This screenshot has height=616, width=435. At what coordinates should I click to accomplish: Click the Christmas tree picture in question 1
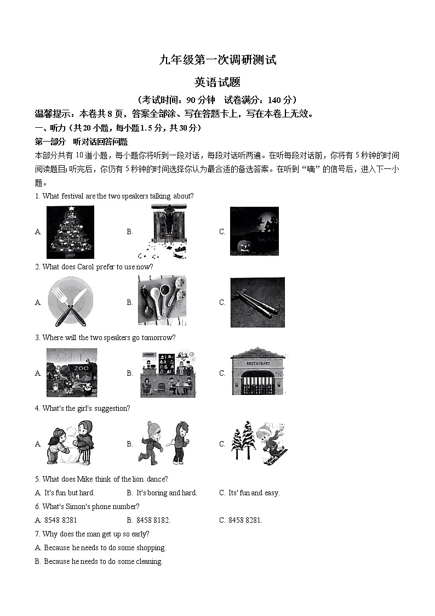click(70, 232)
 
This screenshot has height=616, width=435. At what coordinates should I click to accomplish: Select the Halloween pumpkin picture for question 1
click(254, 231)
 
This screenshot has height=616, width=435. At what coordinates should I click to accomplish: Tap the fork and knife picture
click(71, 302)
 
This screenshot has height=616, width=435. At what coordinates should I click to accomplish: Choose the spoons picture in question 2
click(162, 301)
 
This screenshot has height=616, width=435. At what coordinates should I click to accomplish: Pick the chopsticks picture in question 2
click(257, 302)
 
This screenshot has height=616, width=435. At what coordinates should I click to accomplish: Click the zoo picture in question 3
click(72, 372)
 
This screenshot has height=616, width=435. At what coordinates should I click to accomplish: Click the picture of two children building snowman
click(71, 443)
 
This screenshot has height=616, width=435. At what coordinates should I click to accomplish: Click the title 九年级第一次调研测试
click(218, 60)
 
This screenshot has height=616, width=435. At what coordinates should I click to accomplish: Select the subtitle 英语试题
click(218, 82)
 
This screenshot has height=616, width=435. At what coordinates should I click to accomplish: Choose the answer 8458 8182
click(153, 520)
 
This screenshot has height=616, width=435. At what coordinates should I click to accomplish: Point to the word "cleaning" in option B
click(149, 561)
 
